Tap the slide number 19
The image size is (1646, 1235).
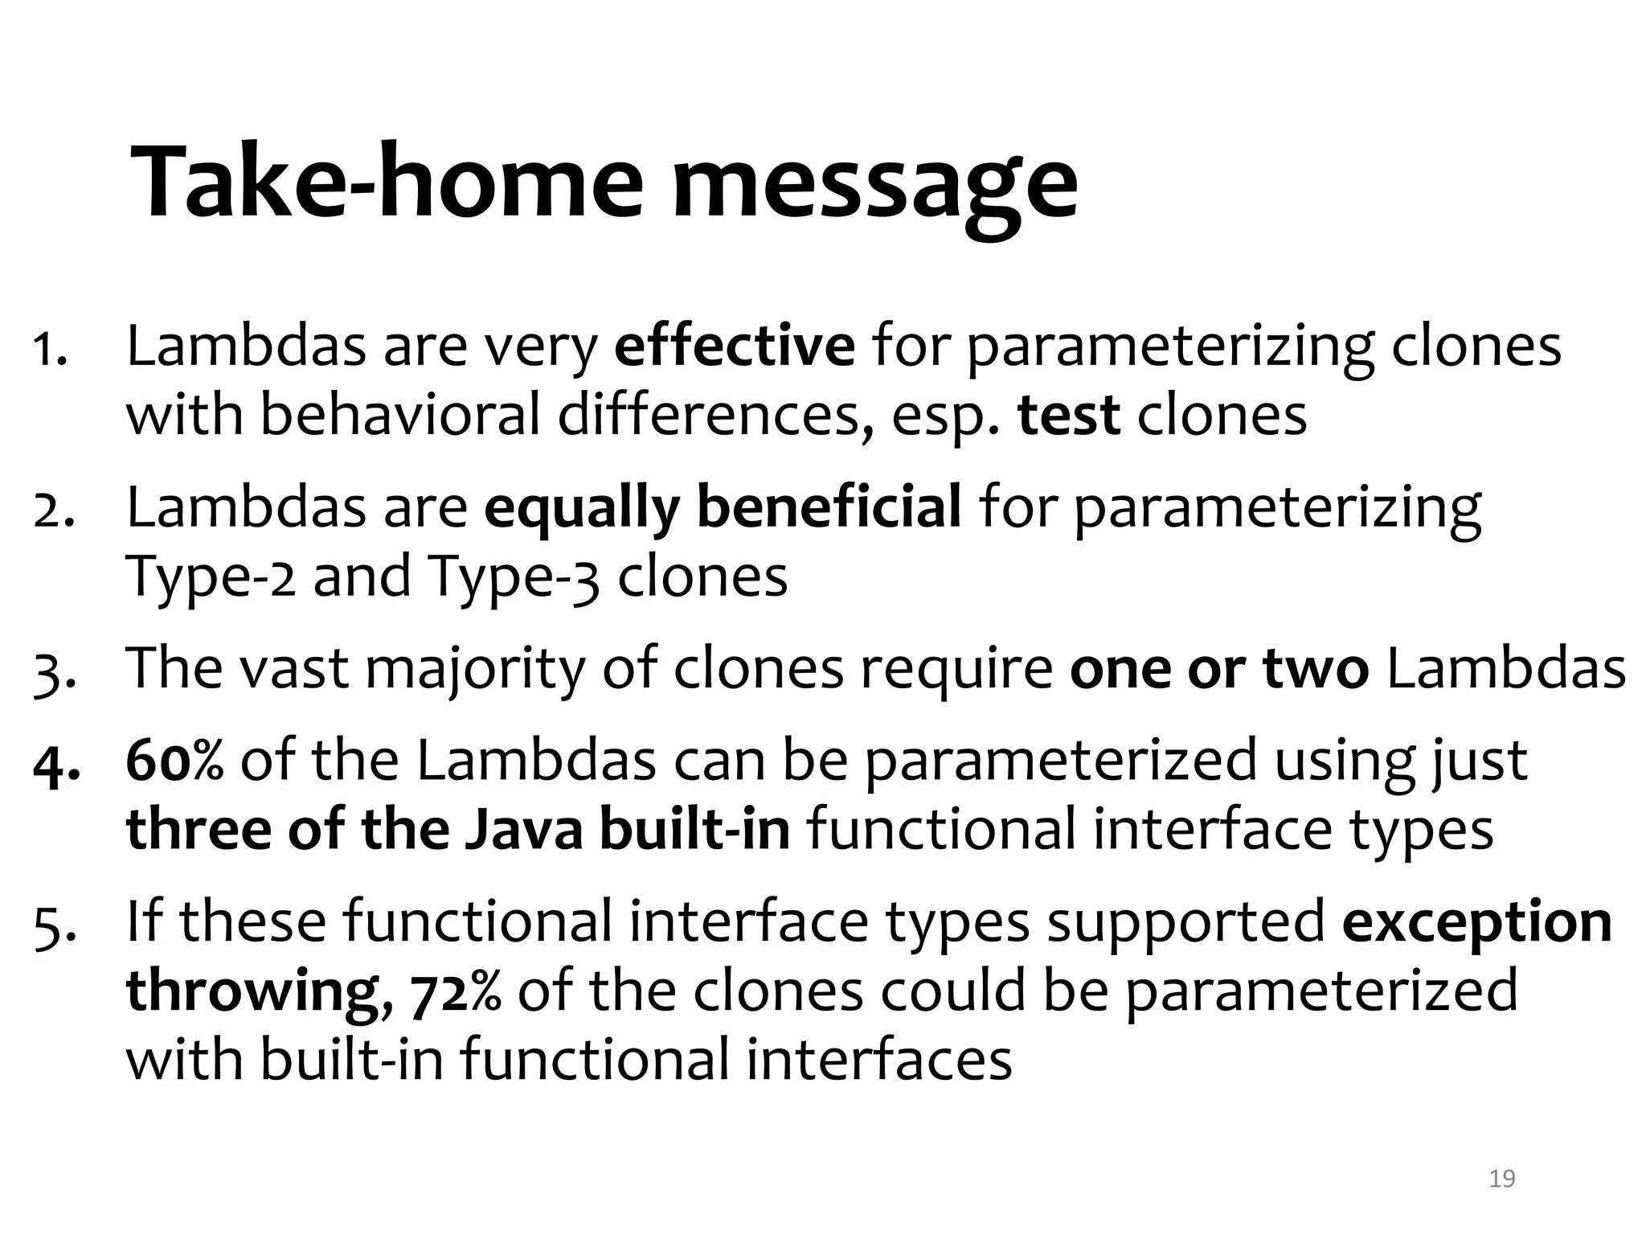coord(1501,1179)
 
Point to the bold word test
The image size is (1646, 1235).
coord(1069,416)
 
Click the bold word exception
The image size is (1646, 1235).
coord(1477,923)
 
